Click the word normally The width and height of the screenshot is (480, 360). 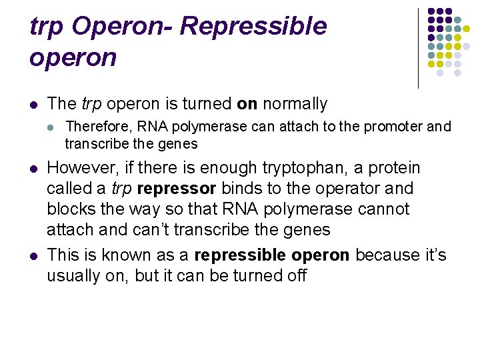295,104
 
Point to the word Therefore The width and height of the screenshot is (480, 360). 96,126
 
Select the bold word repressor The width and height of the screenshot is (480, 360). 176,189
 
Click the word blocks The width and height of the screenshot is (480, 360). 69,209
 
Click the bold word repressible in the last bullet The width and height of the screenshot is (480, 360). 237,255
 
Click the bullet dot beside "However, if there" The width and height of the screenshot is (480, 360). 34,168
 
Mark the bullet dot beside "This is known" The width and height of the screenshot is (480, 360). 34,256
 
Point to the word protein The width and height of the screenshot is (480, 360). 397,167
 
